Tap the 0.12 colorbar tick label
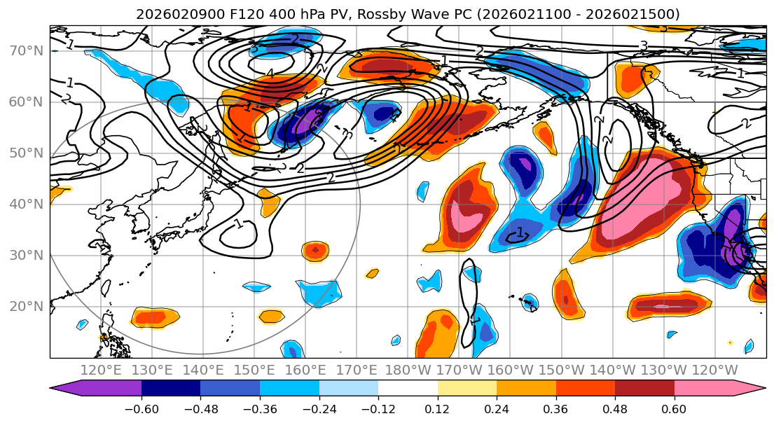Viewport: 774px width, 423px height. (x=438, y=408)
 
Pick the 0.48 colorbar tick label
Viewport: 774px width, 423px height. (x=615, y=408)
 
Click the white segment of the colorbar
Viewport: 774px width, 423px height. (x=408, y=389)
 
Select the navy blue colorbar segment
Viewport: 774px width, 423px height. (x=171, y=389)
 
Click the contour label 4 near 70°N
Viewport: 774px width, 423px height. (x=270, y=74)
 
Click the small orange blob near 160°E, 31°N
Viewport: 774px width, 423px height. (x=315, y=250)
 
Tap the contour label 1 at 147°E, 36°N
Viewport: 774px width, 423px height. (x=238, y=224)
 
